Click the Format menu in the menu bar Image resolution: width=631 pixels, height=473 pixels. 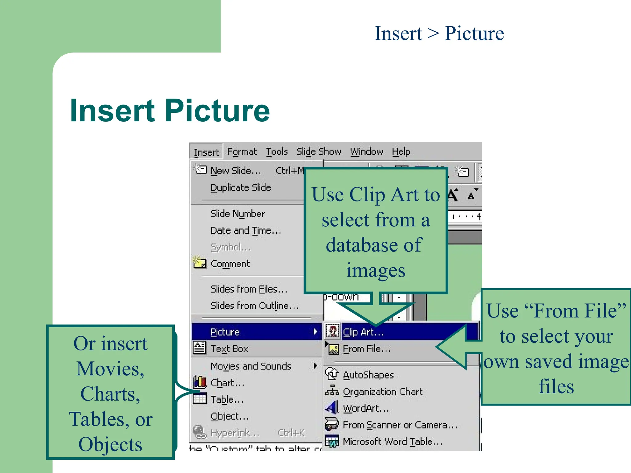point(242,152)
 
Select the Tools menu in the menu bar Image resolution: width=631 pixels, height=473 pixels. point(277,152)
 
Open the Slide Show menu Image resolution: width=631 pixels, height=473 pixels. point(319,152)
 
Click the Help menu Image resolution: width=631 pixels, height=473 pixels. point(401,152)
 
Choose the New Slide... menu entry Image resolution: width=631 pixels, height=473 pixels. point(236,171)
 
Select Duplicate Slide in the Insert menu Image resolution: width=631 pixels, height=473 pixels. point(241,187)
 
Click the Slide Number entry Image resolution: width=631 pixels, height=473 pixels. point(238,214)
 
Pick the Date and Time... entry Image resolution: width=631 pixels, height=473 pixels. point(246,230)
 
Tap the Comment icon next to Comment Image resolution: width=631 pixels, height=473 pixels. point(199,263)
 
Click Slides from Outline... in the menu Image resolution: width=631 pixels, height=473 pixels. point(254,306)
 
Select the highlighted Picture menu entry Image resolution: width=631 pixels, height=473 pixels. point(225,332)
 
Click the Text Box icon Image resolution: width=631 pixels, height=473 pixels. point(199,348)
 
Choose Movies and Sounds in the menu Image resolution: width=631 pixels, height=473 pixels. point(251,366)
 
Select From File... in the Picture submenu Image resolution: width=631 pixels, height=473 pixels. point(367,349)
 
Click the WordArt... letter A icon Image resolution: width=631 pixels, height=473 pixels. point(332,408)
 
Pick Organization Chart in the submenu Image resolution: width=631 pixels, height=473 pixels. point(383,391)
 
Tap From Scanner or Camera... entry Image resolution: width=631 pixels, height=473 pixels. point(400,425)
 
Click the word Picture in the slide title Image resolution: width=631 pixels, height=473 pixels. point(217,111)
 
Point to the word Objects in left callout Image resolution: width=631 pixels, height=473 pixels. point(110,444)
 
